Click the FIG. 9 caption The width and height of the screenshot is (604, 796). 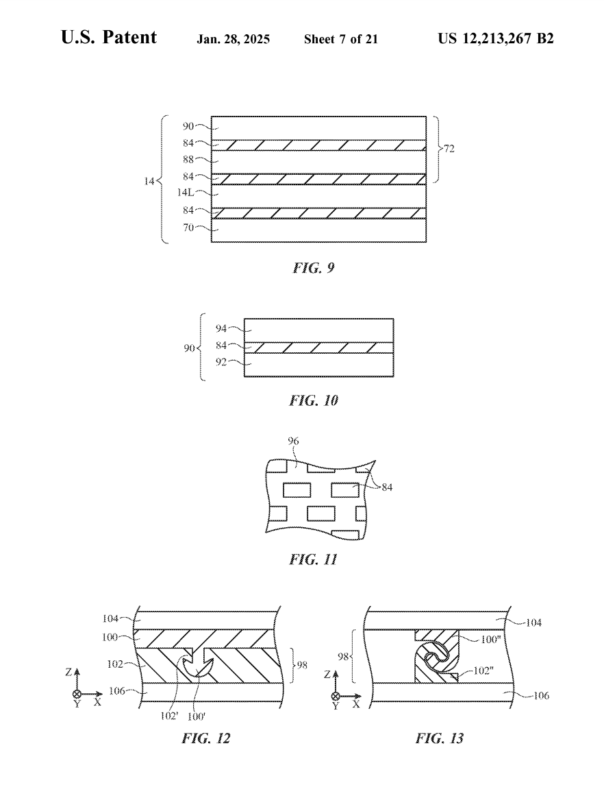314,267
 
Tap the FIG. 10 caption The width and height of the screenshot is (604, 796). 314,400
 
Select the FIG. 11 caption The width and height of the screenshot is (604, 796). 314,559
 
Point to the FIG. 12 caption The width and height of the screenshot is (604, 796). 206,738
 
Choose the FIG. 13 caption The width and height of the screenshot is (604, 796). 440,738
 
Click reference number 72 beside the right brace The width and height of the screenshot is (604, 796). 449,149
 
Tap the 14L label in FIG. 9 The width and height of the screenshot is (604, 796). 186,193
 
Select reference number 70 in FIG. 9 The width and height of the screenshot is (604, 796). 188,228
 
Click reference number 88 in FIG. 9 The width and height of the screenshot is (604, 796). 188,159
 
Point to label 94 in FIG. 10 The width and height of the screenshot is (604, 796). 221,328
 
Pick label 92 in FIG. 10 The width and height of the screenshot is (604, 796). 221,362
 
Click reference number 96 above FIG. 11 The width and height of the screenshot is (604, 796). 293,441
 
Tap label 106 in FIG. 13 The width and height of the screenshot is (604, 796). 541,695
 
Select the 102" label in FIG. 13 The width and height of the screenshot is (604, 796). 483,671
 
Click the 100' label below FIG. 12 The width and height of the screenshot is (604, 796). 197,716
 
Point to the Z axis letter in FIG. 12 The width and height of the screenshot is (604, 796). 68,672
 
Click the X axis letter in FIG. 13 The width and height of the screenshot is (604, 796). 356,704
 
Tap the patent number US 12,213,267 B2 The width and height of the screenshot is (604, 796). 496,38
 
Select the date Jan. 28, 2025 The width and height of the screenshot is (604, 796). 234,39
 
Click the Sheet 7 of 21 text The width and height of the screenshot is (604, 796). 341,39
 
